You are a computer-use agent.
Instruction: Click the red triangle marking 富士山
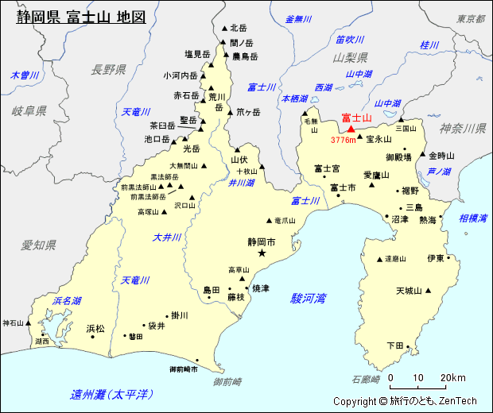pos(350,129)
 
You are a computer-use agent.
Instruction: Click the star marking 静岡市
pos(262,253)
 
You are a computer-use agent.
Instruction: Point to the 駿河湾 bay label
pos(308,299)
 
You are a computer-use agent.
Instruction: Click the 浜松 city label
pos(95,328)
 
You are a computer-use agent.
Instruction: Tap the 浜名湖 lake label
pos(67,301)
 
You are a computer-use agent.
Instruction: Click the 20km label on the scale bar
pos(452,377)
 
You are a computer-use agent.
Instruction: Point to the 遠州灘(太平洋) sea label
pos(111,394)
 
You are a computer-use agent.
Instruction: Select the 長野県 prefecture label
pos(109,69)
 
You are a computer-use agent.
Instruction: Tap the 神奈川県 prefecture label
pos(463,128)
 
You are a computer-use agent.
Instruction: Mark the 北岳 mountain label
pos(239,27)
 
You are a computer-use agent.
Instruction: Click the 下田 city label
pos(394,345)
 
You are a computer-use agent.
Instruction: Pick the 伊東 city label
pos(435,258)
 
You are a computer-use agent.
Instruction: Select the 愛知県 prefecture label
pos(37,244)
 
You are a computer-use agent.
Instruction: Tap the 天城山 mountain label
pos(409,291)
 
